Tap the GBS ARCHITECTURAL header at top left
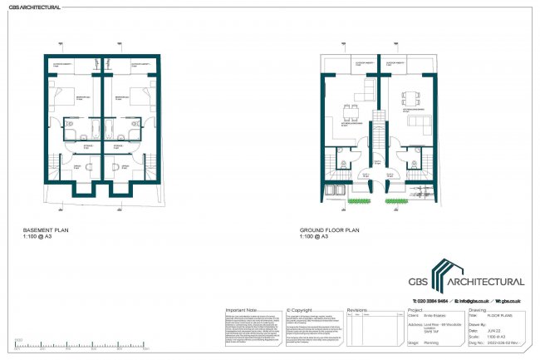(34, 7)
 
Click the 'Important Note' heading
(243, 307)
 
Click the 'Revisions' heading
(357, 307)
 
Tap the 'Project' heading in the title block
(416, 308)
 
